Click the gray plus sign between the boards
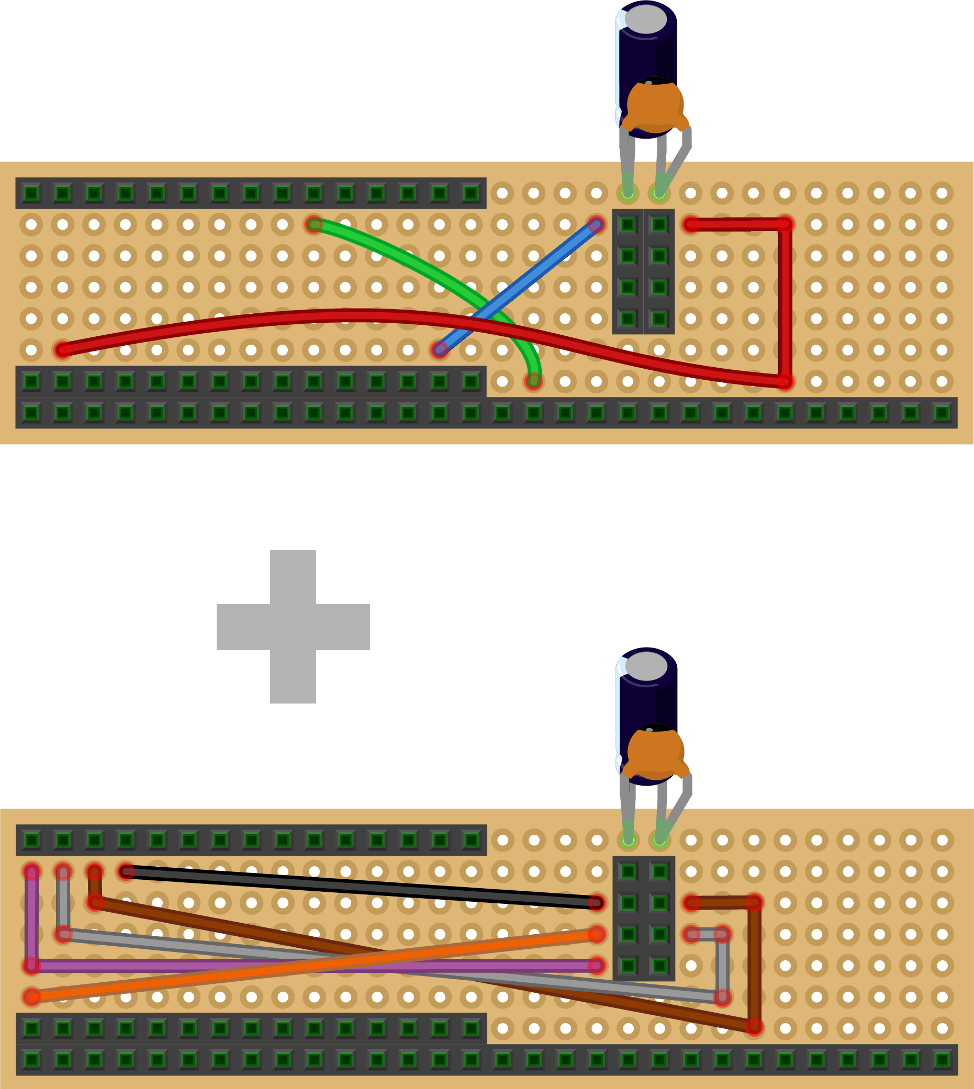click(x=293, y=626)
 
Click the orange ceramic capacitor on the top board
click(x=655, y=105)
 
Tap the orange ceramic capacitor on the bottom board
click(x=655, y=753)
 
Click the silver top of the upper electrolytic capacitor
click(x=646, y=19)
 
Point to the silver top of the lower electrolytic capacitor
click(x=646, y=666)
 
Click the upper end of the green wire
click(x=314, y=224)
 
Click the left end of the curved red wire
click(x=63, y=350)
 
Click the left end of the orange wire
click(x=32, y=997)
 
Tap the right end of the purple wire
click(x=596, y=966)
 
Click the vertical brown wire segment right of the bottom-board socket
click(x=754, y=963)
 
